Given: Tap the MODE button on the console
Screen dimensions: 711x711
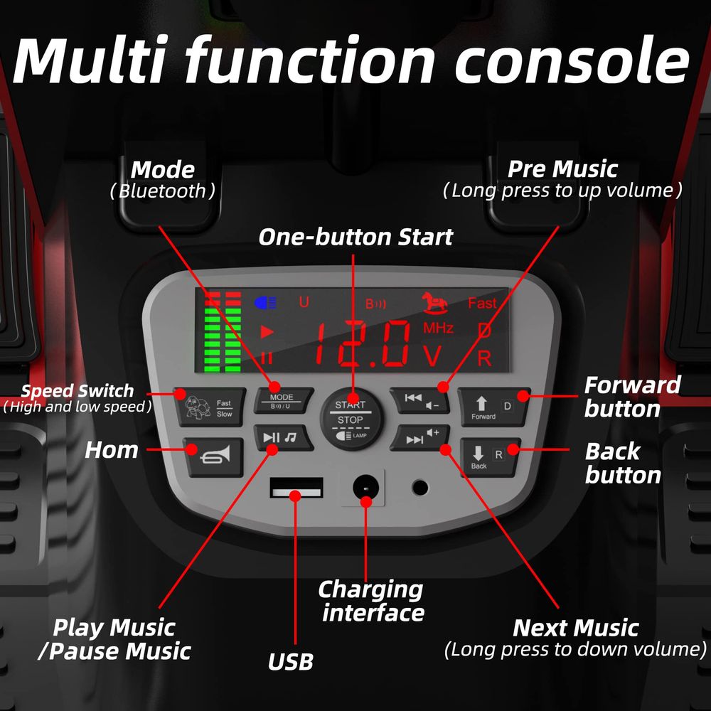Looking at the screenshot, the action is tap(284, 400).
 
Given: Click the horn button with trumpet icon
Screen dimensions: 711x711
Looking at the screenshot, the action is tap(213, 456).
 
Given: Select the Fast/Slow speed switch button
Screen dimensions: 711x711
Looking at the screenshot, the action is tap(210, 407).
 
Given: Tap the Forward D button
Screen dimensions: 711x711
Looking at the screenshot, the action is tap(494, 407).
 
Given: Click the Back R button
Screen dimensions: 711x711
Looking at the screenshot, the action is tap(490, 457).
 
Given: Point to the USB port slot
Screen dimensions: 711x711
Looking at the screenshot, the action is tap(296, 488).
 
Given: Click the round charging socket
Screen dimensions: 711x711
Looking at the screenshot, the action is tap(365, 488).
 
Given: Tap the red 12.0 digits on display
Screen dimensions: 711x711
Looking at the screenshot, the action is tap(362, 343).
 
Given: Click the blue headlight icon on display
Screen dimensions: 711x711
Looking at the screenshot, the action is tap(265, 302).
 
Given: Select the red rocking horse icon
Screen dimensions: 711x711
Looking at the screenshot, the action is tap(435, 303).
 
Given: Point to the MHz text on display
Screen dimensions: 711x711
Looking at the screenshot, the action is tap(438, 328).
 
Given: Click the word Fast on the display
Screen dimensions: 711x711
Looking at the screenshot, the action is tap(482, 303).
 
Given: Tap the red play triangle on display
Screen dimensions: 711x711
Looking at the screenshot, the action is tap(267, 332).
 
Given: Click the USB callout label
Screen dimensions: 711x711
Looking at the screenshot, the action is tap(291, 661).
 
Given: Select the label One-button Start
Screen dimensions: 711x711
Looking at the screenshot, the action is tap(356, 237).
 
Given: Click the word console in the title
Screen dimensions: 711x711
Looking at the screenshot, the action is tap(572, 61).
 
